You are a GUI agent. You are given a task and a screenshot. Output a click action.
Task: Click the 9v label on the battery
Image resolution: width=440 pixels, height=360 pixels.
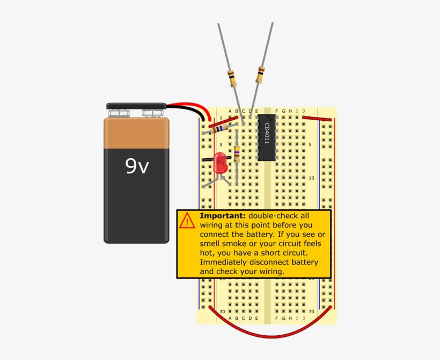coord(137,166)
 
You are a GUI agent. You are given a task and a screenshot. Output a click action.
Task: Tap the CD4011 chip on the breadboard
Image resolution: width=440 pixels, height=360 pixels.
coord(267,137)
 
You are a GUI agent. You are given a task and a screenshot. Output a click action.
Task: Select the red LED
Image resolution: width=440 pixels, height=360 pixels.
coord(220,163)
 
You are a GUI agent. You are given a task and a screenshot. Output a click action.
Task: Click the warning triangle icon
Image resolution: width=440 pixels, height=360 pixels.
coord(187,221)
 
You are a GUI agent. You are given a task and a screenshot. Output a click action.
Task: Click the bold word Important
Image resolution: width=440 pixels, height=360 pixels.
coord(223,216)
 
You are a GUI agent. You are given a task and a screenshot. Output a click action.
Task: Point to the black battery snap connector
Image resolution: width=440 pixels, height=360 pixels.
coord(136,106)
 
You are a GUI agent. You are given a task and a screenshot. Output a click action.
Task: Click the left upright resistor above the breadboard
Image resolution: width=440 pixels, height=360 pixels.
coord(232,78)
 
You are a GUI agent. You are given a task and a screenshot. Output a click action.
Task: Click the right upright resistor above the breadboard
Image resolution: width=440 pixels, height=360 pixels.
coord(260,75)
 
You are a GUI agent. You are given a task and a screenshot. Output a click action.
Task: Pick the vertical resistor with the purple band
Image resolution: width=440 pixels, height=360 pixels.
coord(237,153)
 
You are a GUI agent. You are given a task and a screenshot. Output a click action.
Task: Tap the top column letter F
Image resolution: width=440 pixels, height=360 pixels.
coord(277,112)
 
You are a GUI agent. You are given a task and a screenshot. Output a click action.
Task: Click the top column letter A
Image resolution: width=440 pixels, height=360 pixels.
coord(230,112)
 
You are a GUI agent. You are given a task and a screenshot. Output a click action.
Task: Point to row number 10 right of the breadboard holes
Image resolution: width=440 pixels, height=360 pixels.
coord(311,178)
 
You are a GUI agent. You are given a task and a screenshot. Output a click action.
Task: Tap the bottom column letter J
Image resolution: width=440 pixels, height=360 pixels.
coord(304,318)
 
